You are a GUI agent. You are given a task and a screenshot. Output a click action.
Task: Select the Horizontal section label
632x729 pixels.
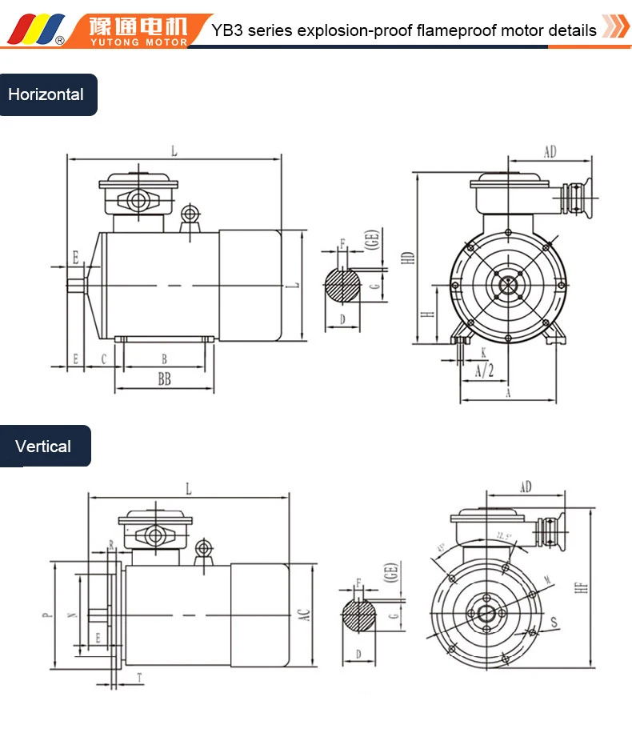[46, 94]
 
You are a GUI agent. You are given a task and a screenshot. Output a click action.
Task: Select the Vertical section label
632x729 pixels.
[44, 447]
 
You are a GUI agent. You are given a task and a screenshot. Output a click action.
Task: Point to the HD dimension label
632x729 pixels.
[409, 259]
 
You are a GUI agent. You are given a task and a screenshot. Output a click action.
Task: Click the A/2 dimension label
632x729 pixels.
[484, 371]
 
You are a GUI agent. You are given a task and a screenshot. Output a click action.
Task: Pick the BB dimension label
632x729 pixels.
[164, 380]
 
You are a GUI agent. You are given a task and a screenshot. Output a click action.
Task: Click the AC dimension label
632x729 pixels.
[303, 614]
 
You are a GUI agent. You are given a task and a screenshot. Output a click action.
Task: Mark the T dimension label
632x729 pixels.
[140, 677]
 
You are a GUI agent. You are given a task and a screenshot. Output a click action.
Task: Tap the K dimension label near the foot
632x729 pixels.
[483, 352]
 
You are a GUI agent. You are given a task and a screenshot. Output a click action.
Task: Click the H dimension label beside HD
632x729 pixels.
[429, 314]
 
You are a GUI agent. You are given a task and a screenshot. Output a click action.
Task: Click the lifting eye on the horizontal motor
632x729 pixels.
[190, 214]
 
